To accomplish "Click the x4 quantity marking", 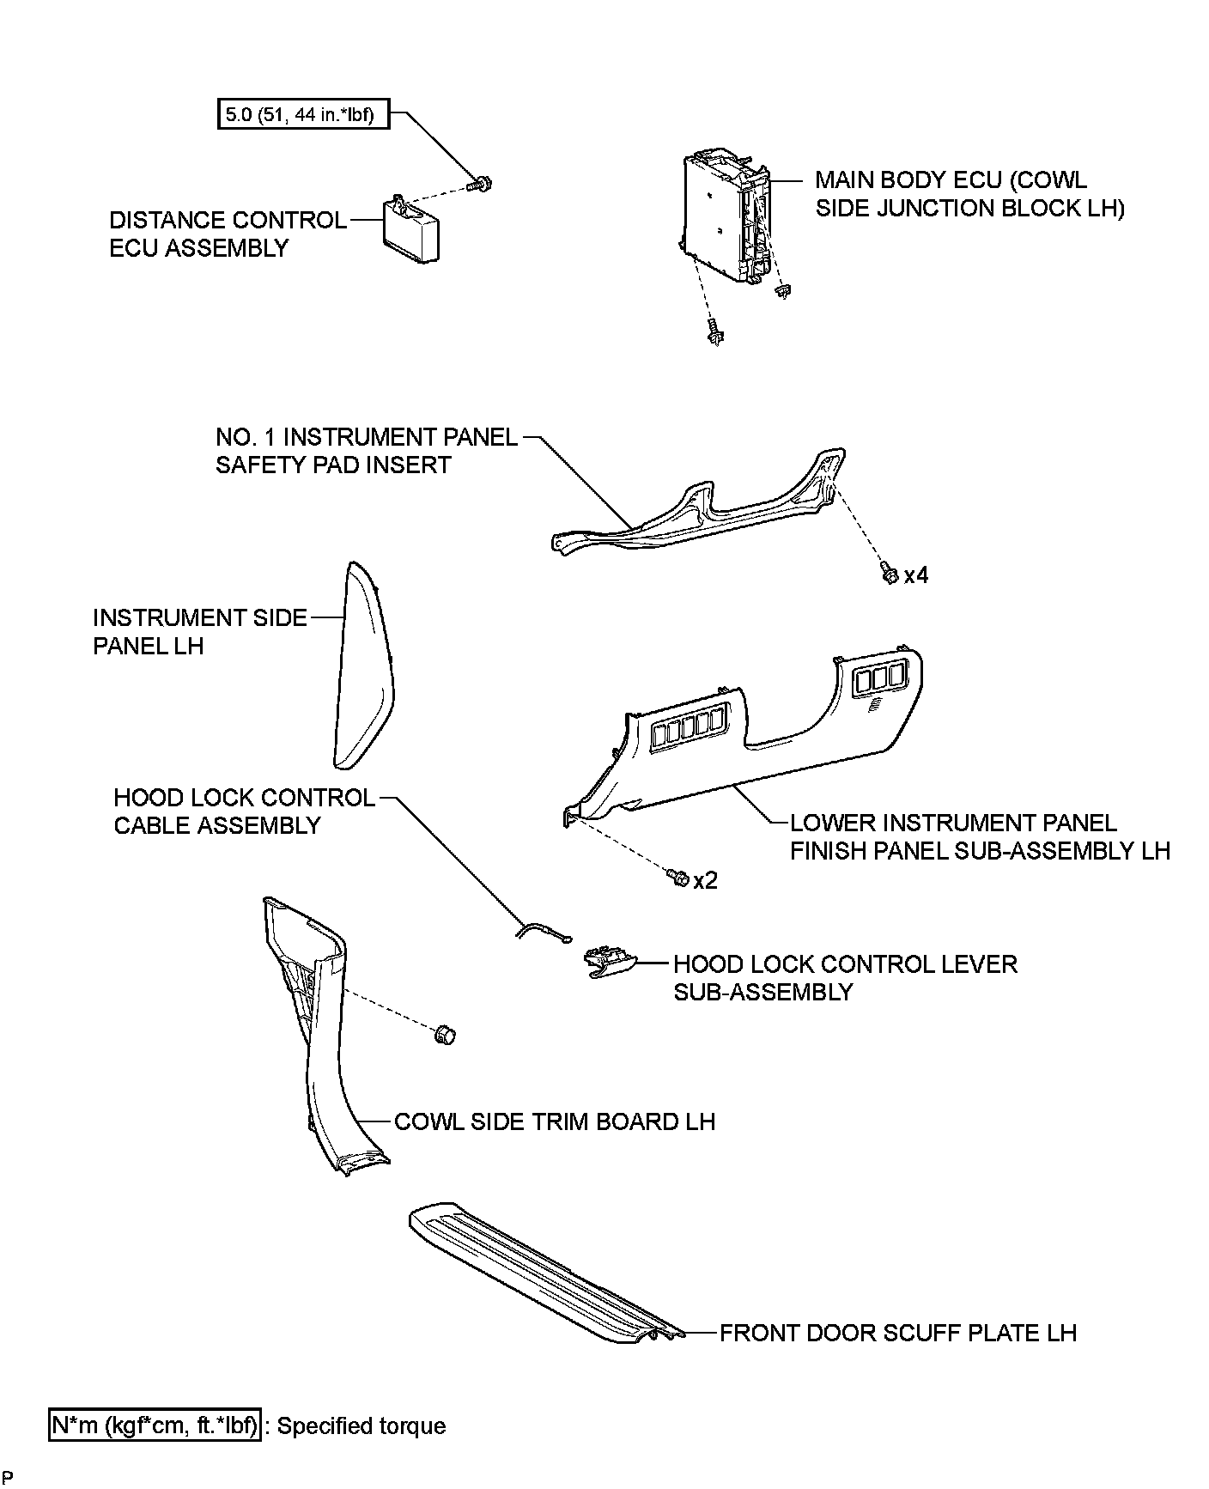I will pyautogui.click(x=916, y=575).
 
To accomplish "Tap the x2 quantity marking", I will pyautogui.click(x=705, y=881).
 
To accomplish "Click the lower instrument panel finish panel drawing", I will pyautogui.click(x=756, y=738).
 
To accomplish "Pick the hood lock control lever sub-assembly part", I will pyautogui.click(x=611, y=963).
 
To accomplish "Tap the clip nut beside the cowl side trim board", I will pyautogui.click(x=445, y=1035).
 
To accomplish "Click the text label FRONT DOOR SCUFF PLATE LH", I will pyautogui.click(x=897, y=1333).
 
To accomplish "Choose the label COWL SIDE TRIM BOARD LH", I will pyautogui.click(x=554, y=1121).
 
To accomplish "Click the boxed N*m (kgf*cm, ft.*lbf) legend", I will pyautogui.click(x=155, y=1425).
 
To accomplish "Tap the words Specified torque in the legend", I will pyautogui.click(x=361, y=1426).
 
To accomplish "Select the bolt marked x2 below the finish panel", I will pyautogui.click(x=677, y=878).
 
